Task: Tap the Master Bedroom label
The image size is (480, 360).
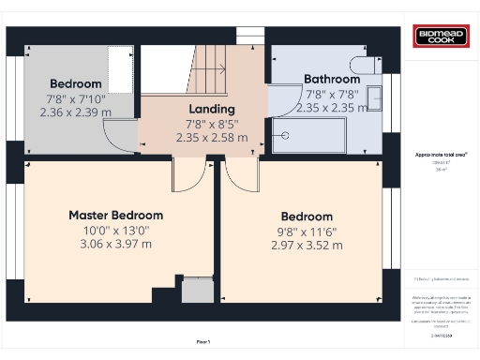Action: pos(115,215)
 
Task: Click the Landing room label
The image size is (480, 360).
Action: pos(211,108)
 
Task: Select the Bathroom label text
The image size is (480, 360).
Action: pos(332,80)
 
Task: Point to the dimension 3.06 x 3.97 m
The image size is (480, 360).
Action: pos(115,245)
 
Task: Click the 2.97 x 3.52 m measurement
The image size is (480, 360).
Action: pos(306,246)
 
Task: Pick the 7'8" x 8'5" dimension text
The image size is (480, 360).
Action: pos(211,123)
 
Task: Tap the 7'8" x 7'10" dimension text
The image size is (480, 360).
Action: pos(76,98)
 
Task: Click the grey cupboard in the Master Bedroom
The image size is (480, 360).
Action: pos(197,291)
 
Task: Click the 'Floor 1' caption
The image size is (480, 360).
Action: pos(202,341)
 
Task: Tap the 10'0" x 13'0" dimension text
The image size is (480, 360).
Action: pos(115,230)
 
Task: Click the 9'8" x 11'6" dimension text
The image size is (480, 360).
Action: pos(306,231)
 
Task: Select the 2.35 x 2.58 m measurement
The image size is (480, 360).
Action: pos(211,138)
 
